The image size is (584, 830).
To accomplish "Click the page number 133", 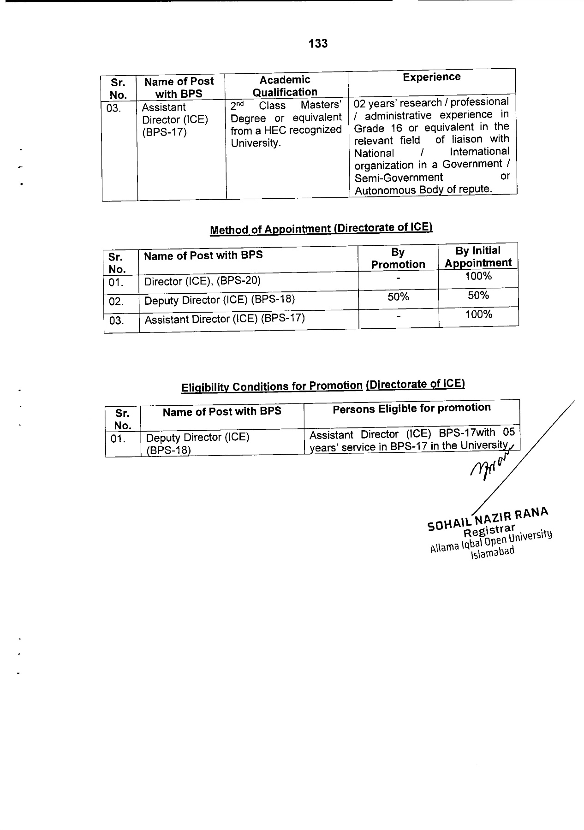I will coord(318,43).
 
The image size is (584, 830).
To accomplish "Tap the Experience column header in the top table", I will coord(431,77).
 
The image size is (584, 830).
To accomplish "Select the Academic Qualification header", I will coord(285,86).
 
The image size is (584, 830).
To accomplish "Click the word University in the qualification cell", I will coord(256,143).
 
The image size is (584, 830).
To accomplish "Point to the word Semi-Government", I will coord(399,178).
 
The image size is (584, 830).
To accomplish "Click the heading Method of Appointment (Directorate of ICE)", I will coord(321,228).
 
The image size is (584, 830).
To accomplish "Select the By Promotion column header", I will coord(398,258).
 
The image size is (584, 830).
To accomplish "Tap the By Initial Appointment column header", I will coord(478,257).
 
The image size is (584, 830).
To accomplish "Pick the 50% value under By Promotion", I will coord(398,297).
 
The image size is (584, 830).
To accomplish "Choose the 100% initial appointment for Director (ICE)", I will coord(478,276).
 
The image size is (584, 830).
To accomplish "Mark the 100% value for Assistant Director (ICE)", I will coord(479,314).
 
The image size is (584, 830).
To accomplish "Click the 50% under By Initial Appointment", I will coord(478,296).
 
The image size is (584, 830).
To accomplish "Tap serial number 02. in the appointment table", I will coord(116,302).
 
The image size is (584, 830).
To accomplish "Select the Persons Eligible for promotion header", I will coord(411,408).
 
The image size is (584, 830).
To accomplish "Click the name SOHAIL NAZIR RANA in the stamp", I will coord(488,518).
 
